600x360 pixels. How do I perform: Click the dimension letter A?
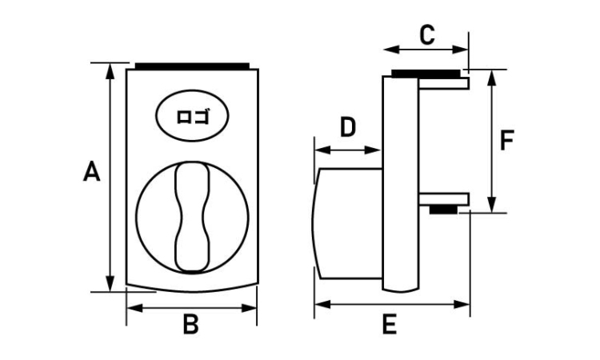92,171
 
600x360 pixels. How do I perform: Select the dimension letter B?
191,325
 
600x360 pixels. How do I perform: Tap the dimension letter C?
427,35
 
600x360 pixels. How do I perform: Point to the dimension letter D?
348,127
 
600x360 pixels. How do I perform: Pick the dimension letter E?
389,325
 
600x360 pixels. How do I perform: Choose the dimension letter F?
507,141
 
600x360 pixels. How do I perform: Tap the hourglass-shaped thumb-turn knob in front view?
192,217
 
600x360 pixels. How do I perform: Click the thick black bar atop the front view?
193,66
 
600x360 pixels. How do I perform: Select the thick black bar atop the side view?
426,74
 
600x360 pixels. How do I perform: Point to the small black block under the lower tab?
443,210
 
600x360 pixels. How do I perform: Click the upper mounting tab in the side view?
444,83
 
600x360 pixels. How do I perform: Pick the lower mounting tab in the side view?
444,199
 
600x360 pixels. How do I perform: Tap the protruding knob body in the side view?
347,223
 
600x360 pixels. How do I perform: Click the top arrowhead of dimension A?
110,71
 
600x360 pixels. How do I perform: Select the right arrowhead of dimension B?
249,308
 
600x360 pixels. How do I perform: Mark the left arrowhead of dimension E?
322,305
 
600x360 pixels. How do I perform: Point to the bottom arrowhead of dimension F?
492,204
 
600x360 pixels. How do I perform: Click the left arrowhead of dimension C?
391,50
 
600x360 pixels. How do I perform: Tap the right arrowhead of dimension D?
374,150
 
